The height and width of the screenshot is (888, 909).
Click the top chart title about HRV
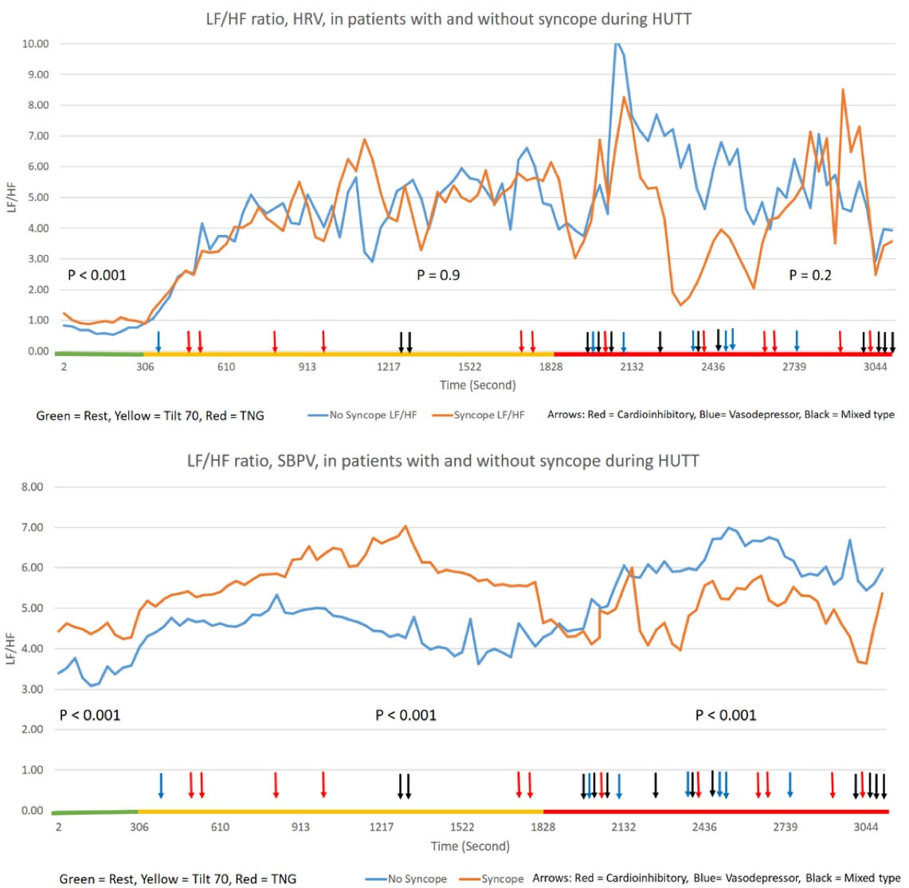[x=448, y=18]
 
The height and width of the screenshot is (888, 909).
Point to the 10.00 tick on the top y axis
[x=35, y=44]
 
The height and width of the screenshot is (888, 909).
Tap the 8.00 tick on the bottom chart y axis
[x=32, y=487]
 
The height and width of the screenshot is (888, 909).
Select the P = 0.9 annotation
[x=438, y=276]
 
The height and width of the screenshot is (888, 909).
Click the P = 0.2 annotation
[x=809, y=276]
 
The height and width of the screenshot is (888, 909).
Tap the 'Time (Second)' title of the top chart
[x=477, y=385]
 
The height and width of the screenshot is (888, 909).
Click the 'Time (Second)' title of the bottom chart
[x=469, y=846]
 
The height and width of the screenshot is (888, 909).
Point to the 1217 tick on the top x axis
[x=388, y=367]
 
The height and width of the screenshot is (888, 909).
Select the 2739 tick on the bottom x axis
[x=785, y=827]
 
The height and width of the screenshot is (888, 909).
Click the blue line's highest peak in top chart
[x=616, y=45]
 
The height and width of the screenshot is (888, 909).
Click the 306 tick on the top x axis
[x=145, y=367]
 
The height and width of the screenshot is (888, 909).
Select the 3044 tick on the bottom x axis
[x=866, y=827]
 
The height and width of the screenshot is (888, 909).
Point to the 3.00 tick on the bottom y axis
[x=32, y=689]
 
